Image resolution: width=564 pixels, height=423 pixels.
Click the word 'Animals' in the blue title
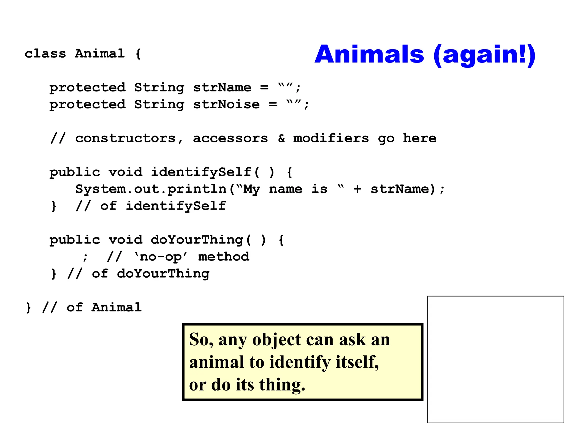369,55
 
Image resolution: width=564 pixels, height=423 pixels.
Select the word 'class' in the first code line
45,53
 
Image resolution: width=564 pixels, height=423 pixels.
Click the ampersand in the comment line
281,138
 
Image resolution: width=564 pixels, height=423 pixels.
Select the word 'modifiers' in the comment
331,138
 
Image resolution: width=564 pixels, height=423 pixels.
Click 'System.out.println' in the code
151,189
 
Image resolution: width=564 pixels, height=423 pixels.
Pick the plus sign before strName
357,189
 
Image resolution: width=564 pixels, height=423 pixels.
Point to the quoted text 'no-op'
161,257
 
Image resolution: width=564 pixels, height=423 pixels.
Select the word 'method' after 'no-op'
224,257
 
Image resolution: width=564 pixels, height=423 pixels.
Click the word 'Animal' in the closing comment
116,307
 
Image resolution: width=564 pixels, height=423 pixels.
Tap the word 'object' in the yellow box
276,340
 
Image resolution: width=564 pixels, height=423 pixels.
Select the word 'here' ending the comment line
419,138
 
